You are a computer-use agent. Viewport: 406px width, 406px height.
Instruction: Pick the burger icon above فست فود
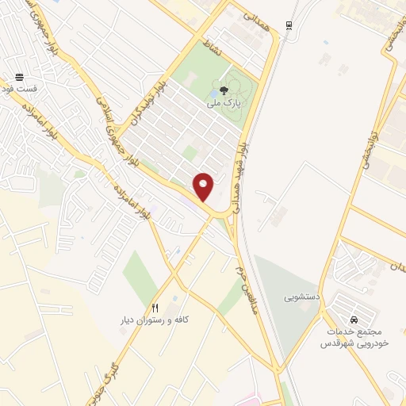(x=19, y=78)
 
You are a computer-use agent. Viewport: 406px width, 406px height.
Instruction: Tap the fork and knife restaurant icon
(x=155, y=308)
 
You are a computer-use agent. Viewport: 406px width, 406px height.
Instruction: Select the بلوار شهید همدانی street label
(x=238, y=178)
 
